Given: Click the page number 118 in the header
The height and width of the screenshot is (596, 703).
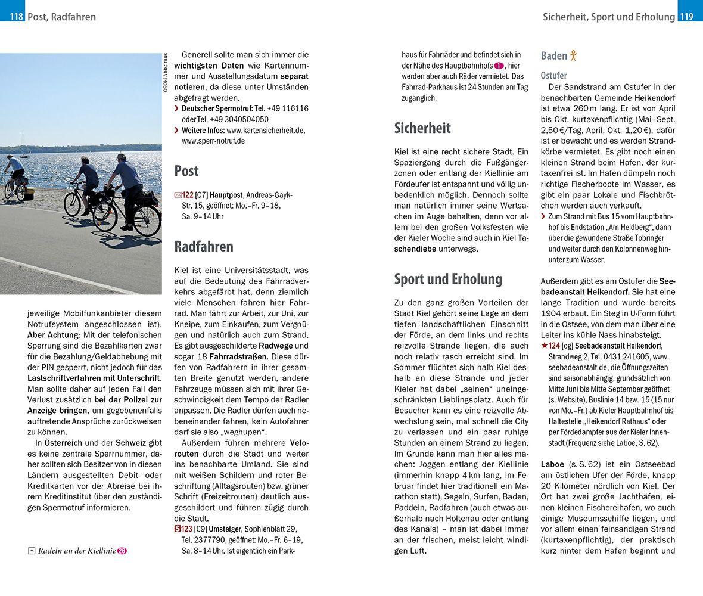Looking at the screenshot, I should [16, 17].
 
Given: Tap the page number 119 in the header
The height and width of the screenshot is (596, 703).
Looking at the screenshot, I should [686, 17].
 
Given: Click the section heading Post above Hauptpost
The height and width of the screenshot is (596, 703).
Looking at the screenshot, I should [186, 171].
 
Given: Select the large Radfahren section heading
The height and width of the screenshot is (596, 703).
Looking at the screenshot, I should [203, 246].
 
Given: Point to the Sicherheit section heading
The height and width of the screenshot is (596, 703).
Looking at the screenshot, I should [422, 128].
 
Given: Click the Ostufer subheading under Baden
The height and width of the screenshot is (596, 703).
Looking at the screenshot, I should [553, 76].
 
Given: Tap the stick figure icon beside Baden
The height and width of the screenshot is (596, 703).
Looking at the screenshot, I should [574, 55].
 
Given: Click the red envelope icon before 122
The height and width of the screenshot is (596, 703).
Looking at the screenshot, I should [178, 195].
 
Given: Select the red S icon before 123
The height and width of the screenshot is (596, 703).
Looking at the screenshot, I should [177, 529].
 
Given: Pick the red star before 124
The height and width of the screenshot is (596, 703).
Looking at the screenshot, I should [544, 346].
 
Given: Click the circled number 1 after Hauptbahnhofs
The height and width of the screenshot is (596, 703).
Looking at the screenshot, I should [499, 66].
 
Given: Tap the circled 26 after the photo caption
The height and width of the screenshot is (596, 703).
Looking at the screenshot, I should [122, 551].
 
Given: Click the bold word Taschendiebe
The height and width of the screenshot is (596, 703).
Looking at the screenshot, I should [416, 249].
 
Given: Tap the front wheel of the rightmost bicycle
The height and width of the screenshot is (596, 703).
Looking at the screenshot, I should [147, 220].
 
